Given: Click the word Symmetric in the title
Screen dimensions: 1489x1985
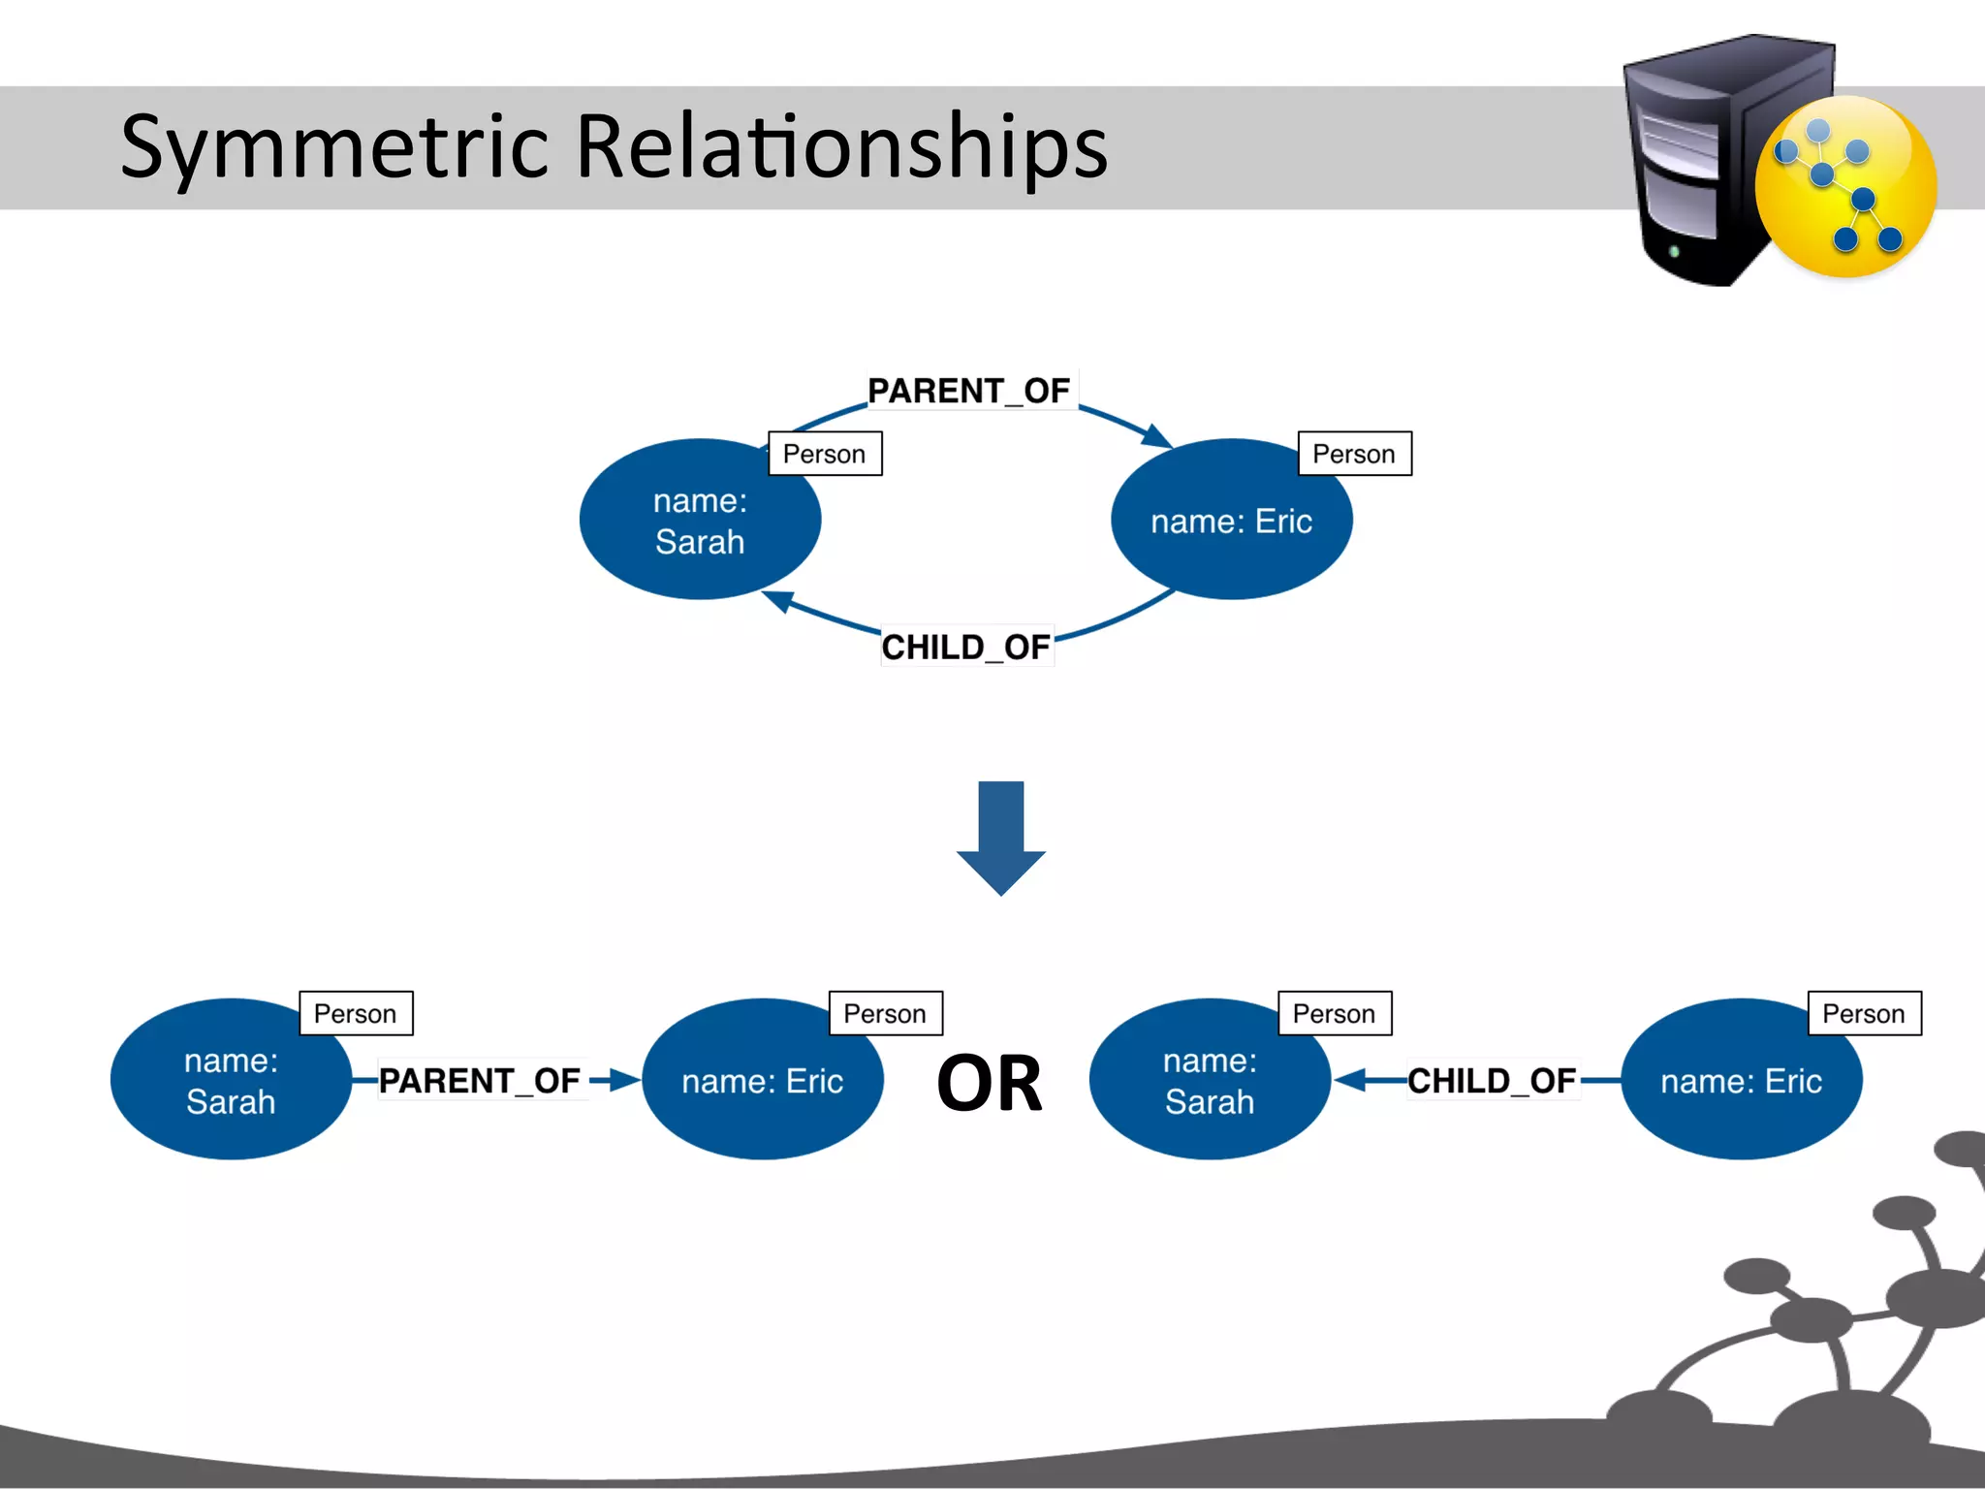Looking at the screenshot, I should [x=334, y=147].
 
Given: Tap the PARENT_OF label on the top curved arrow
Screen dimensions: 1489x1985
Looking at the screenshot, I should [x=968, y=391].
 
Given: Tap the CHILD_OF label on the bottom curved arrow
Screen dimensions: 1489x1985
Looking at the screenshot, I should [x=965, y=647].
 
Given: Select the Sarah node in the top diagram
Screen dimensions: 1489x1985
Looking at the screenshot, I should [x=700, y=521].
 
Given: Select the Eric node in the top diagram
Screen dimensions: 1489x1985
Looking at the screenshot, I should [x=1231, y=522].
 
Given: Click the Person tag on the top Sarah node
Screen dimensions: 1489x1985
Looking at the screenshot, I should [x=825, y=454].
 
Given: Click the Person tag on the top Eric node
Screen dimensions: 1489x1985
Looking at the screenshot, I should [x=1354, y=454].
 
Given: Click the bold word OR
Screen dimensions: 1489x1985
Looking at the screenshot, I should [x=990, y=1083].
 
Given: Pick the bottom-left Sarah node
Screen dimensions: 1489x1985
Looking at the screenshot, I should [x=231, y=1080].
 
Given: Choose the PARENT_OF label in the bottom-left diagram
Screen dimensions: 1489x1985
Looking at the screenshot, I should [x=480, y=1080].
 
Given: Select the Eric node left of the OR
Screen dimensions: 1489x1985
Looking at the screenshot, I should [x=762, y=1080].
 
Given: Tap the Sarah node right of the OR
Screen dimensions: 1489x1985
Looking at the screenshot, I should [x=1210, y=1080].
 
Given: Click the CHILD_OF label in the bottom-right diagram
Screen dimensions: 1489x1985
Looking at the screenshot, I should [x=1492, y=1080].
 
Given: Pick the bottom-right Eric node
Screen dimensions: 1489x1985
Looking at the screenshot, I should [x=1741, y=1080].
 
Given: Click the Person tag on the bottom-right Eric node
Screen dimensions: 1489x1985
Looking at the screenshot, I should [x=1864, y=1014].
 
